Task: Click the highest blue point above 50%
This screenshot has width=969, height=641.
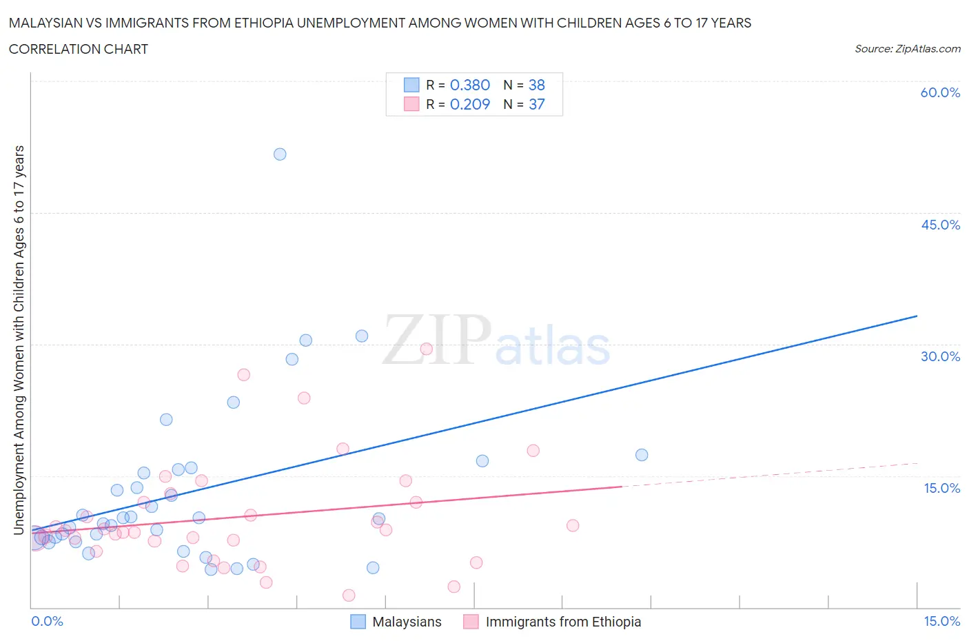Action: pos(280,154)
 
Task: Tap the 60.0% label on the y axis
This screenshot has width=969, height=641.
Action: pos(940,92)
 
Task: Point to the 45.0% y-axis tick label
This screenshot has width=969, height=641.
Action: pos(940,225)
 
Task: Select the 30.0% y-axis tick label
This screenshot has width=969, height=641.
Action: pos(940,356)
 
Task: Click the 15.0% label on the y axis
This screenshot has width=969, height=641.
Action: pos(941,488)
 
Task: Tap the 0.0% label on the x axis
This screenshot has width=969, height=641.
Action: pos(47,621)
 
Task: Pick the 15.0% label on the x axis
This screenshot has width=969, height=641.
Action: pos(941,621)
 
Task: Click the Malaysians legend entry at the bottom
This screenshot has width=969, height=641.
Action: pos(407,622)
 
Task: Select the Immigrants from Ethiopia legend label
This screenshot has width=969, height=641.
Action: pos(563,622)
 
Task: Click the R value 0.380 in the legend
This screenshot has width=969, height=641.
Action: pos(470,85)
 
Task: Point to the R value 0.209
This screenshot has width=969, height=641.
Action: pos(470,104)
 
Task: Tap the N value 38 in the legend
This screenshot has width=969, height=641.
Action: pos(537,85)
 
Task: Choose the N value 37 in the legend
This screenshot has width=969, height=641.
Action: pos(537,104)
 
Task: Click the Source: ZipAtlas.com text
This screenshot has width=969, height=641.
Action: pos(907,49)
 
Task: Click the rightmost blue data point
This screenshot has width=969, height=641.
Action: pos(642,455)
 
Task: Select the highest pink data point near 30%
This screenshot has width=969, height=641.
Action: pos(426,349)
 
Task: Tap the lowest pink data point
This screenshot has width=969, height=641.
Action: pos(349,596)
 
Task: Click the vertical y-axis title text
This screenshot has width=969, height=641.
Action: pos(19,340)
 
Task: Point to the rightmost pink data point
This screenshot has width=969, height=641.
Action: pos(573,525)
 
